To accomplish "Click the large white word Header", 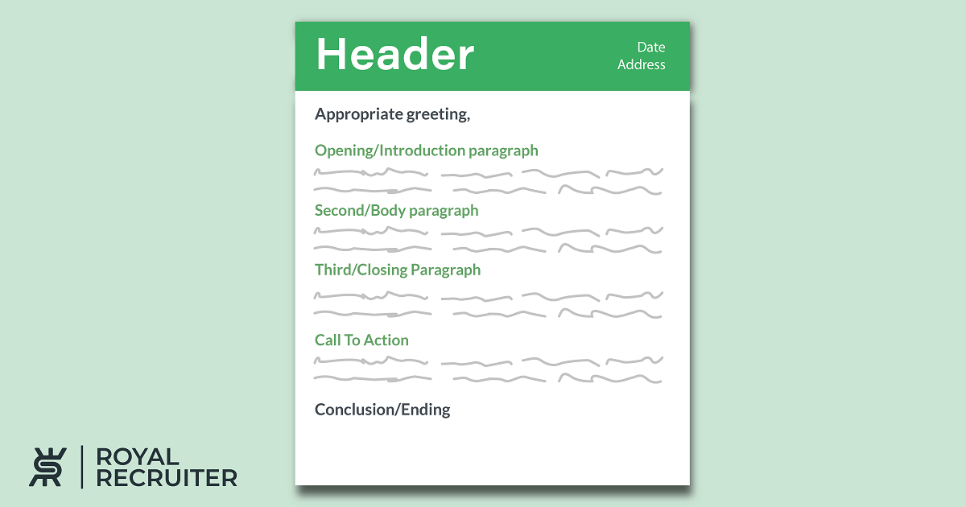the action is (x=395, y=54).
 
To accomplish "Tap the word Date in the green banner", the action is (x=650, y=47).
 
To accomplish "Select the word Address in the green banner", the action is (x=641, y=64).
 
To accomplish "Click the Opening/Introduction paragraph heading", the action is (x=426, y=151).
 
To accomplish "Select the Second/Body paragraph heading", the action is (x=396, y=211).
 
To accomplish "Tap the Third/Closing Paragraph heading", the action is (x=397, y=270).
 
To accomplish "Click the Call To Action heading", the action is (x=361, y=340).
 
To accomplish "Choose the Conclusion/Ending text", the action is (x=382, y=410).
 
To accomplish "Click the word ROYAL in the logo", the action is (x=137, y=457).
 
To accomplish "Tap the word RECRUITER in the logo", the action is (x=167, y=478).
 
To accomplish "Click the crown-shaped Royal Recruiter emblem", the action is (x=47, y=467).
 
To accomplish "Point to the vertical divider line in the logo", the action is (x=82, y=467).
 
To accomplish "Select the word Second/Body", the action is (x=360, y=211).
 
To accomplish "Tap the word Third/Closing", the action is (x=361, y=270).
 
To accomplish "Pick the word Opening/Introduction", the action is (x=390, y=151).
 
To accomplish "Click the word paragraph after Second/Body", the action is (x=444, y=212).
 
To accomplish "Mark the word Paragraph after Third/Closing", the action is (x=445, y=271).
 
